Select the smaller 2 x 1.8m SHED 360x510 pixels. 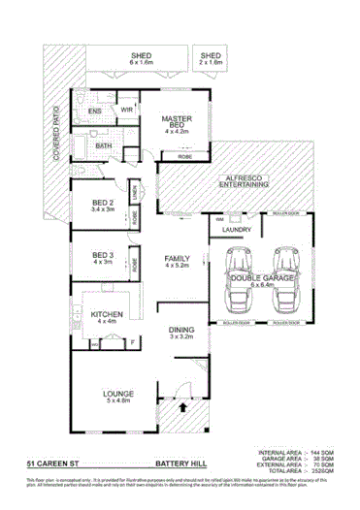click(x=211, y=58)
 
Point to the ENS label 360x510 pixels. click(x=95, y=112)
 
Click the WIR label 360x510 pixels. click(x=125, y=112)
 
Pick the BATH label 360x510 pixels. click(x=104, y=145)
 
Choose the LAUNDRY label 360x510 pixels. click(x=237, y=230)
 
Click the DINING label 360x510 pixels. click(x=182, y=331)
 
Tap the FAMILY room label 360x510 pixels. click(x=177, y=258)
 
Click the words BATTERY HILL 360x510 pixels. click(x=180, y=464)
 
